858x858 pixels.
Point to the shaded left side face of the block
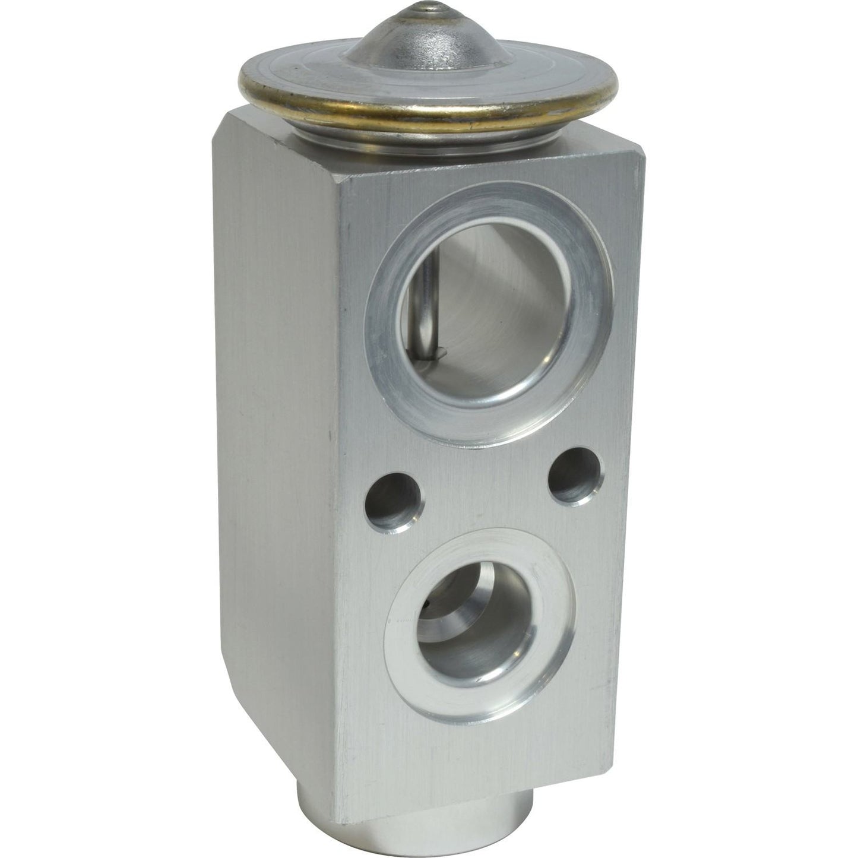coord(279,416)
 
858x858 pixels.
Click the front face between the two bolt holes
coord(484,493)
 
